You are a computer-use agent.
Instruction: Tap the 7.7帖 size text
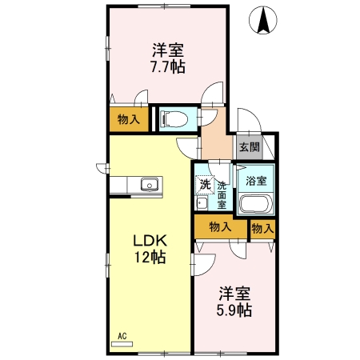click(168, 67)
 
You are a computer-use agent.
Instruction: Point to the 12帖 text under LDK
click(149, 258)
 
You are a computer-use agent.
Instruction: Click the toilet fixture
click(175, 119)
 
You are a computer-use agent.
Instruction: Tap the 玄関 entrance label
click(249, 146)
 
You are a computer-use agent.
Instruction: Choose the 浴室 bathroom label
click(256, 181)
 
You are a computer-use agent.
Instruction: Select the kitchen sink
click(149, 186)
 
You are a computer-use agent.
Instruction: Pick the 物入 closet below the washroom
click(220, 227)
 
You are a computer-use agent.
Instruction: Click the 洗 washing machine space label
click(205, 184)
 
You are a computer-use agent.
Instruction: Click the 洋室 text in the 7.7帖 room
click(168, 50)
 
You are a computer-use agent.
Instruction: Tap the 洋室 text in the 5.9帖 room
click(237, 292)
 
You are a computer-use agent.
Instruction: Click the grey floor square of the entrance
click(249, 146)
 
